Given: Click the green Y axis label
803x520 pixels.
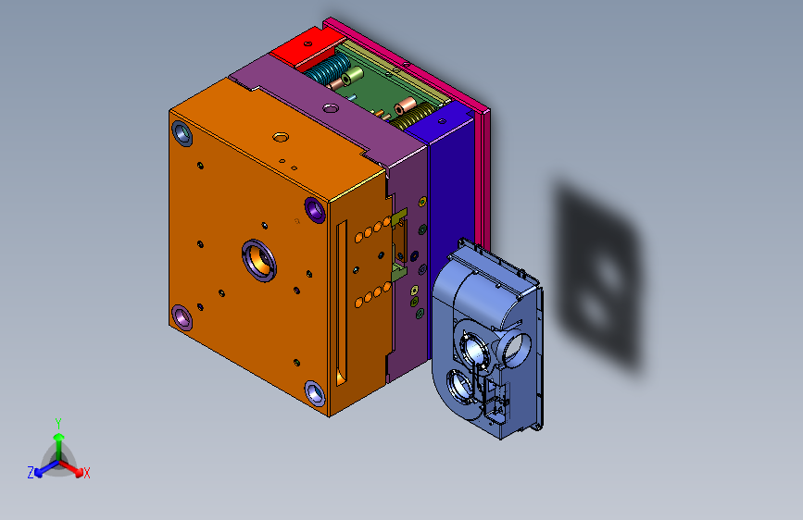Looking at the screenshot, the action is point(58,424).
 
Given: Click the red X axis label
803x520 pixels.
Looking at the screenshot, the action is point(86,473).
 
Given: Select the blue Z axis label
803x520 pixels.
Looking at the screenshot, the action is point(31,473).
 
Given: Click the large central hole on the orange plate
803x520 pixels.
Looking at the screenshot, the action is point(259,260).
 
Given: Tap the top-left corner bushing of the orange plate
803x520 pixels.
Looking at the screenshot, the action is point(182,133).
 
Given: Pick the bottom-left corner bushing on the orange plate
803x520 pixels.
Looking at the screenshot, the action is point(182,317).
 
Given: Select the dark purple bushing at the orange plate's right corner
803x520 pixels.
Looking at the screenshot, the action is point(315,210).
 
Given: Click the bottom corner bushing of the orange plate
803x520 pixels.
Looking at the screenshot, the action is point(315,393).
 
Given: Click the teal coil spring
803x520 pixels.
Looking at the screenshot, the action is point(328,69).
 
